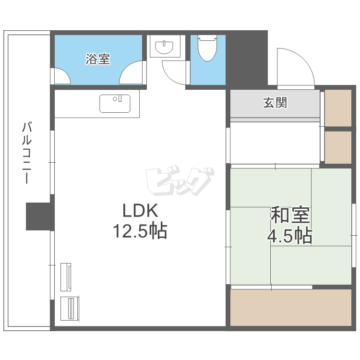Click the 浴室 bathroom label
tap(98, 59)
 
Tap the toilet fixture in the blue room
tap(207, 48)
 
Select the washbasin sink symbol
tap(164, 47)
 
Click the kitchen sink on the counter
tap(115, 104)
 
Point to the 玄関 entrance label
tap(275, 103)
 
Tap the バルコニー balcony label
tap(26, 153)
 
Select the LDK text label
tap(141, 211)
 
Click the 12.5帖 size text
tap(140, 231)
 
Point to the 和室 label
tap(290, 215)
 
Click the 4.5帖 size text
tap(290, 236)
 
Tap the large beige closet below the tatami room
tap(291, 307)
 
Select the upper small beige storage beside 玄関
tap(338, 108)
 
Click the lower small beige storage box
tap(338, 147)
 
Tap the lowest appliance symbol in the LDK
tap(70, 308)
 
